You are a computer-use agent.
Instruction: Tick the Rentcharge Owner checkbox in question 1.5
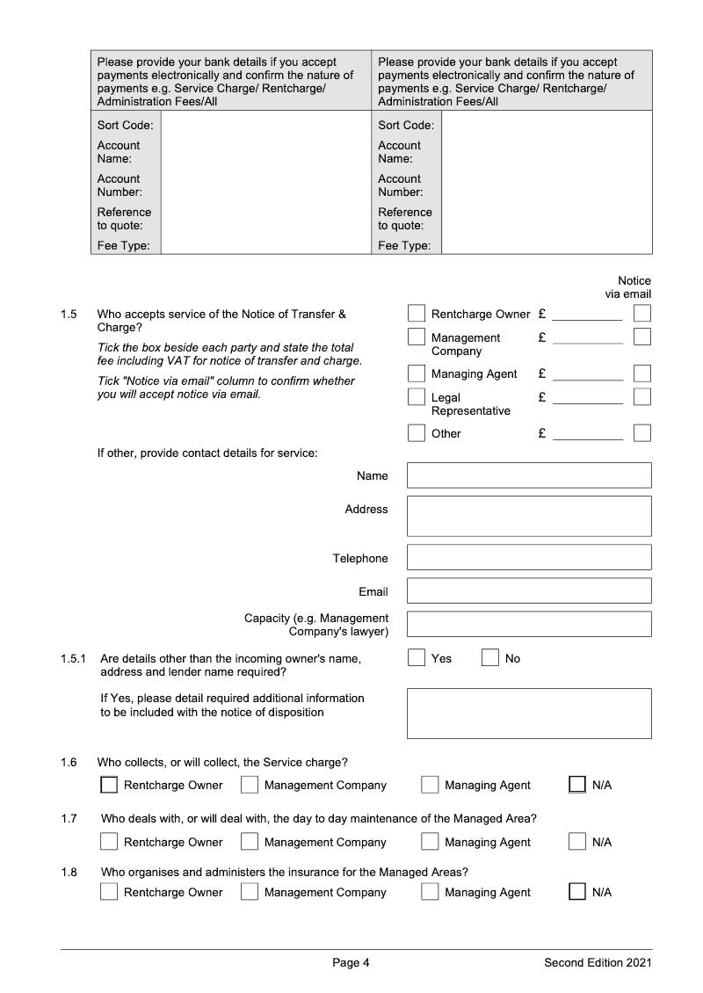coord(417,314)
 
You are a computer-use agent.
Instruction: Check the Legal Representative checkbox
coord(417,397)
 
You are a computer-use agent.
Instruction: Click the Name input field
coord(529,475)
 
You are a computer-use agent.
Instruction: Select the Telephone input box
coord(529,557)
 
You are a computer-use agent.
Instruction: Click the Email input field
coord(529,591)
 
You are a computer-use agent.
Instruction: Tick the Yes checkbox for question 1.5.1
coord(417,658)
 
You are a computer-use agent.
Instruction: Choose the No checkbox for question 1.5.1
coord(490,658)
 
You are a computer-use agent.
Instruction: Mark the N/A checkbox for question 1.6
coord(577,785)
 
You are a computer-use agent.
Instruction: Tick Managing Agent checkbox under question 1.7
coord(430,842)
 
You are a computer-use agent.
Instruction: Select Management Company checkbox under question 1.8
coord(250,892)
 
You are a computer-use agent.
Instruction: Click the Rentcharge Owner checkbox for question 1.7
coord(109,842)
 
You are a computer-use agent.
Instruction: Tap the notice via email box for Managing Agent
coord(642,373)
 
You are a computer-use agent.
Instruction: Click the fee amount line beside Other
coord(587,436)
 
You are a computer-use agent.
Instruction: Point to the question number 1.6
coord(69,762)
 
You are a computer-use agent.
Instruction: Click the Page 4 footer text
coord(351,963)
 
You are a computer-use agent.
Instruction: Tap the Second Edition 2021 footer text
coord(598,963)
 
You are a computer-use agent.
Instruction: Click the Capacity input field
coord(529,624)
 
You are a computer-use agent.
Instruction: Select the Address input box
coord(529,516)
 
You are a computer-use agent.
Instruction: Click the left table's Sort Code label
coord(125,126)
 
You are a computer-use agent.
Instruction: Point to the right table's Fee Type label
coord(404,246)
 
